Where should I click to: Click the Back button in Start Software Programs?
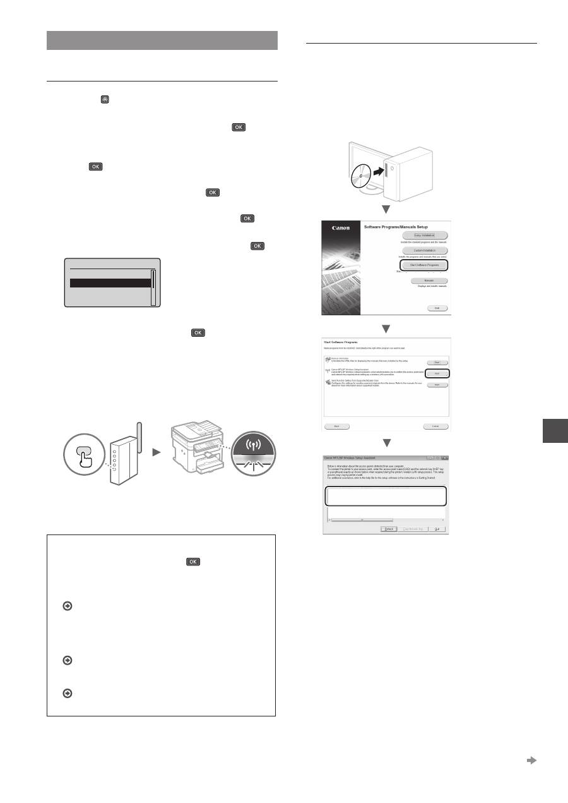click(337, 426)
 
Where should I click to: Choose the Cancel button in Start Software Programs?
click(435, 426)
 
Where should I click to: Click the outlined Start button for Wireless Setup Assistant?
click(436, 373)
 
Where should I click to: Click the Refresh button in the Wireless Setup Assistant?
click(389, 528)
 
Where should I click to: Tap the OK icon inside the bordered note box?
click(193, 561)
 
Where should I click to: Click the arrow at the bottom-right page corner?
click(531, 761)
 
